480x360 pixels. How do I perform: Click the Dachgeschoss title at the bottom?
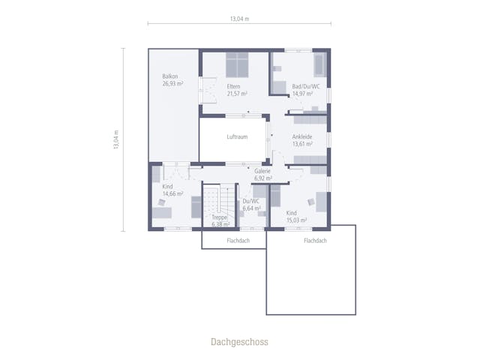pos(239,342)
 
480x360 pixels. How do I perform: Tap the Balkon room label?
pos(170,76)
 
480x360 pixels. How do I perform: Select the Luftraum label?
pos(237,136)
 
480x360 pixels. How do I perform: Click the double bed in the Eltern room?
pos(237,65)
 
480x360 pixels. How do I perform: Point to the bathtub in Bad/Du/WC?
pos(320,65)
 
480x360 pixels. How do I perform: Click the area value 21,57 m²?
pos(237,94)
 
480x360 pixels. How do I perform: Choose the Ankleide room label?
pos(302,136)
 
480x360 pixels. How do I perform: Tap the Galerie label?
pos(262,171)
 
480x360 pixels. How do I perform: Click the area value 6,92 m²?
pos(263,178)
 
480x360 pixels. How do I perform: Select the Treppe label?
pos(220,217)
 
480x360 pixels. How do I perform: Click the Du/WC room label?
pos(251,201)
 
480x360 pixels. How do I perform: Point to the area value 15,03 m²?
pos(297,220)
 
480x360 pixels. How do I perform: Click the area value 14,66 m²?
pos(173,193)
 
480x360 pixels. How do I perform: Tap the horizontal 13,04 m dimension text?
pos(240,19)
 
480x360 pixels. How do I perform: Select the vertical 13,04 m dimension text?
pos(116,139)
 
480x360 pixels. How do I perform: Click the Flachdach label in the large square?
pos(315,241)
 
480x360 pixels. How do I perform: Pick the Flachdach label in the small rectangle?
pos(238,241)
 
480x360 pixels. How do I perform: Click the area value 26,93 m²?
pos(173,83)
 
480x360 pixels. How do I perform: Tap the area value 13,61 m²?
pos(302,144)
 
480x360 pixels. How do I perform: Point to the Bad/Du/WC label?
pos(306,87)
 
